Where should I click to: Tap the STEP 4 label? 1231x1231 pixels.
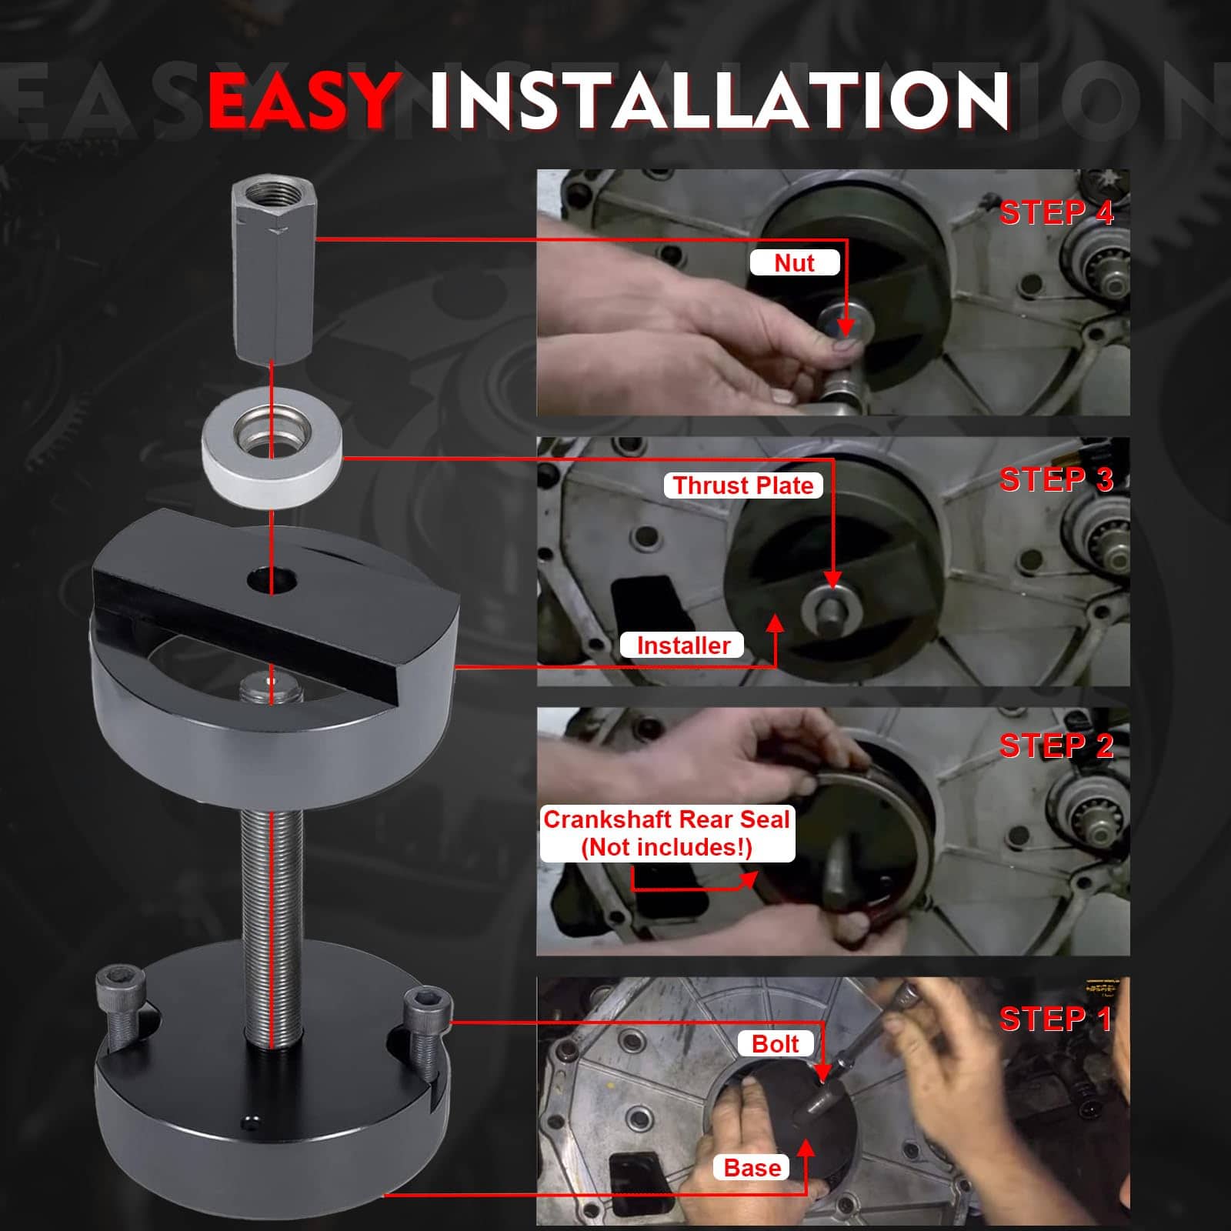click(1056, 212)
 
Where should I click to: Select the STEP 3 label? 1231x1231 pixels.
click(1056, 479)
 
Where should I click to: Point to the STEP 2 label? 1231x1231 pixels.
click(1056, 746)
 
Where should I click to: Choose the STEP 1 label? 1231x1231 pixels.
click(1056, 1019)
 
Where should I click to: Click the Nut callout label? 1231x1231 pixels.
click(795, 263)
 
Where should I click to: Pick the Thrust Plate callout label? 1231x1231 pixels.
click(743, 485)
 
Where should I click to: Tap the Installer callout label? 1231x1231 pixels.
click(683, 645)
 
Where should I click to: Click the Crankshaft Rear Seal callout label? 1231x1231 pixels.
click(667, 833)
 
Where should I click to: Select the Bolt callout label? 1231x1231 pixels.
click(775, 1044)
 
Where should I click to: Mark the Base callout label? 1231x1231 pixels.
click(752, 1168)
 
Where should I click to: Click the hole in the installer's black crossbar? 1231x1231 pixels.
click(272, 580)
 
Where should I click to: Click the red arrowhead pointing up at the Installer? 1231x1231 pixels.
click(775, 623)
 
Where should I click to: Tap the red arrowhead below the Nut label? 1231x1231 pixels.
click(846, 327)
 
